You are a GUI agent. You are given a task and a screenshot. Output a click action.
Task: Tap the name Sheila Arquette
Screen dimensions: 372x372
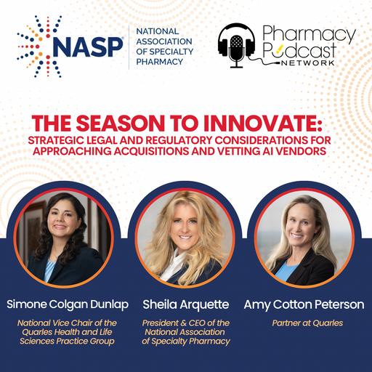(x=185, y=304)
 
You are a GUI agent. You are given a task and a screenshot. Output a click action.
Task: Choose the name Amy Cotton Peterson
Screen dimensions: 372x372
(x=306, y=304)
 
